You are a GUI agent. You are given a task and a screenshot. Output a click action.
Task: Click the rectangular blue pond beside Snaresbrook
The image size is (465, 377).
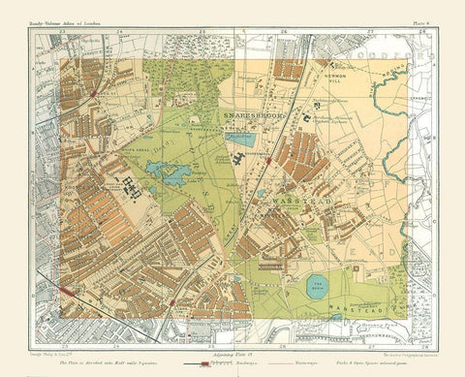click(239, 139)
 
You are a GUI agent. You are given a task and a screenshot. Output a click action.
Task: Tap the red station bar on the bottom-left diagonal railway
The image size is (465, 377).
click(170, 302)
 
